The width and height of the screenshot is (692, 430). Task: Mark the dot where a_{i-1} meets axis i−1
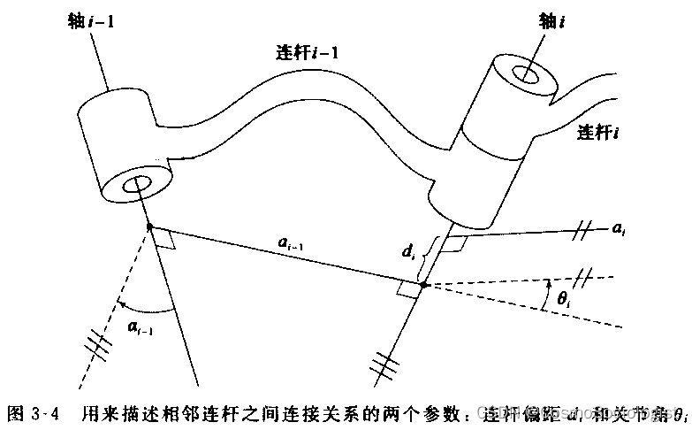pyautogui.click(x=148, y=227)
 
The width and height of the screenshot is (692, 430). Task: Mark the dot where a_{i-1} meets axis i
pyautogui.click(x=423, y=285)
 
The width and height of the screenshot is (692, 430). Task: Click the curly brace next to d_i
pyautogui.click(x=428, y=257)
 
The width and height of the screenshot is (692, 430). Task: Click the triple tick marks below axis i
pyautogui.click(x=382, y=363)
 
